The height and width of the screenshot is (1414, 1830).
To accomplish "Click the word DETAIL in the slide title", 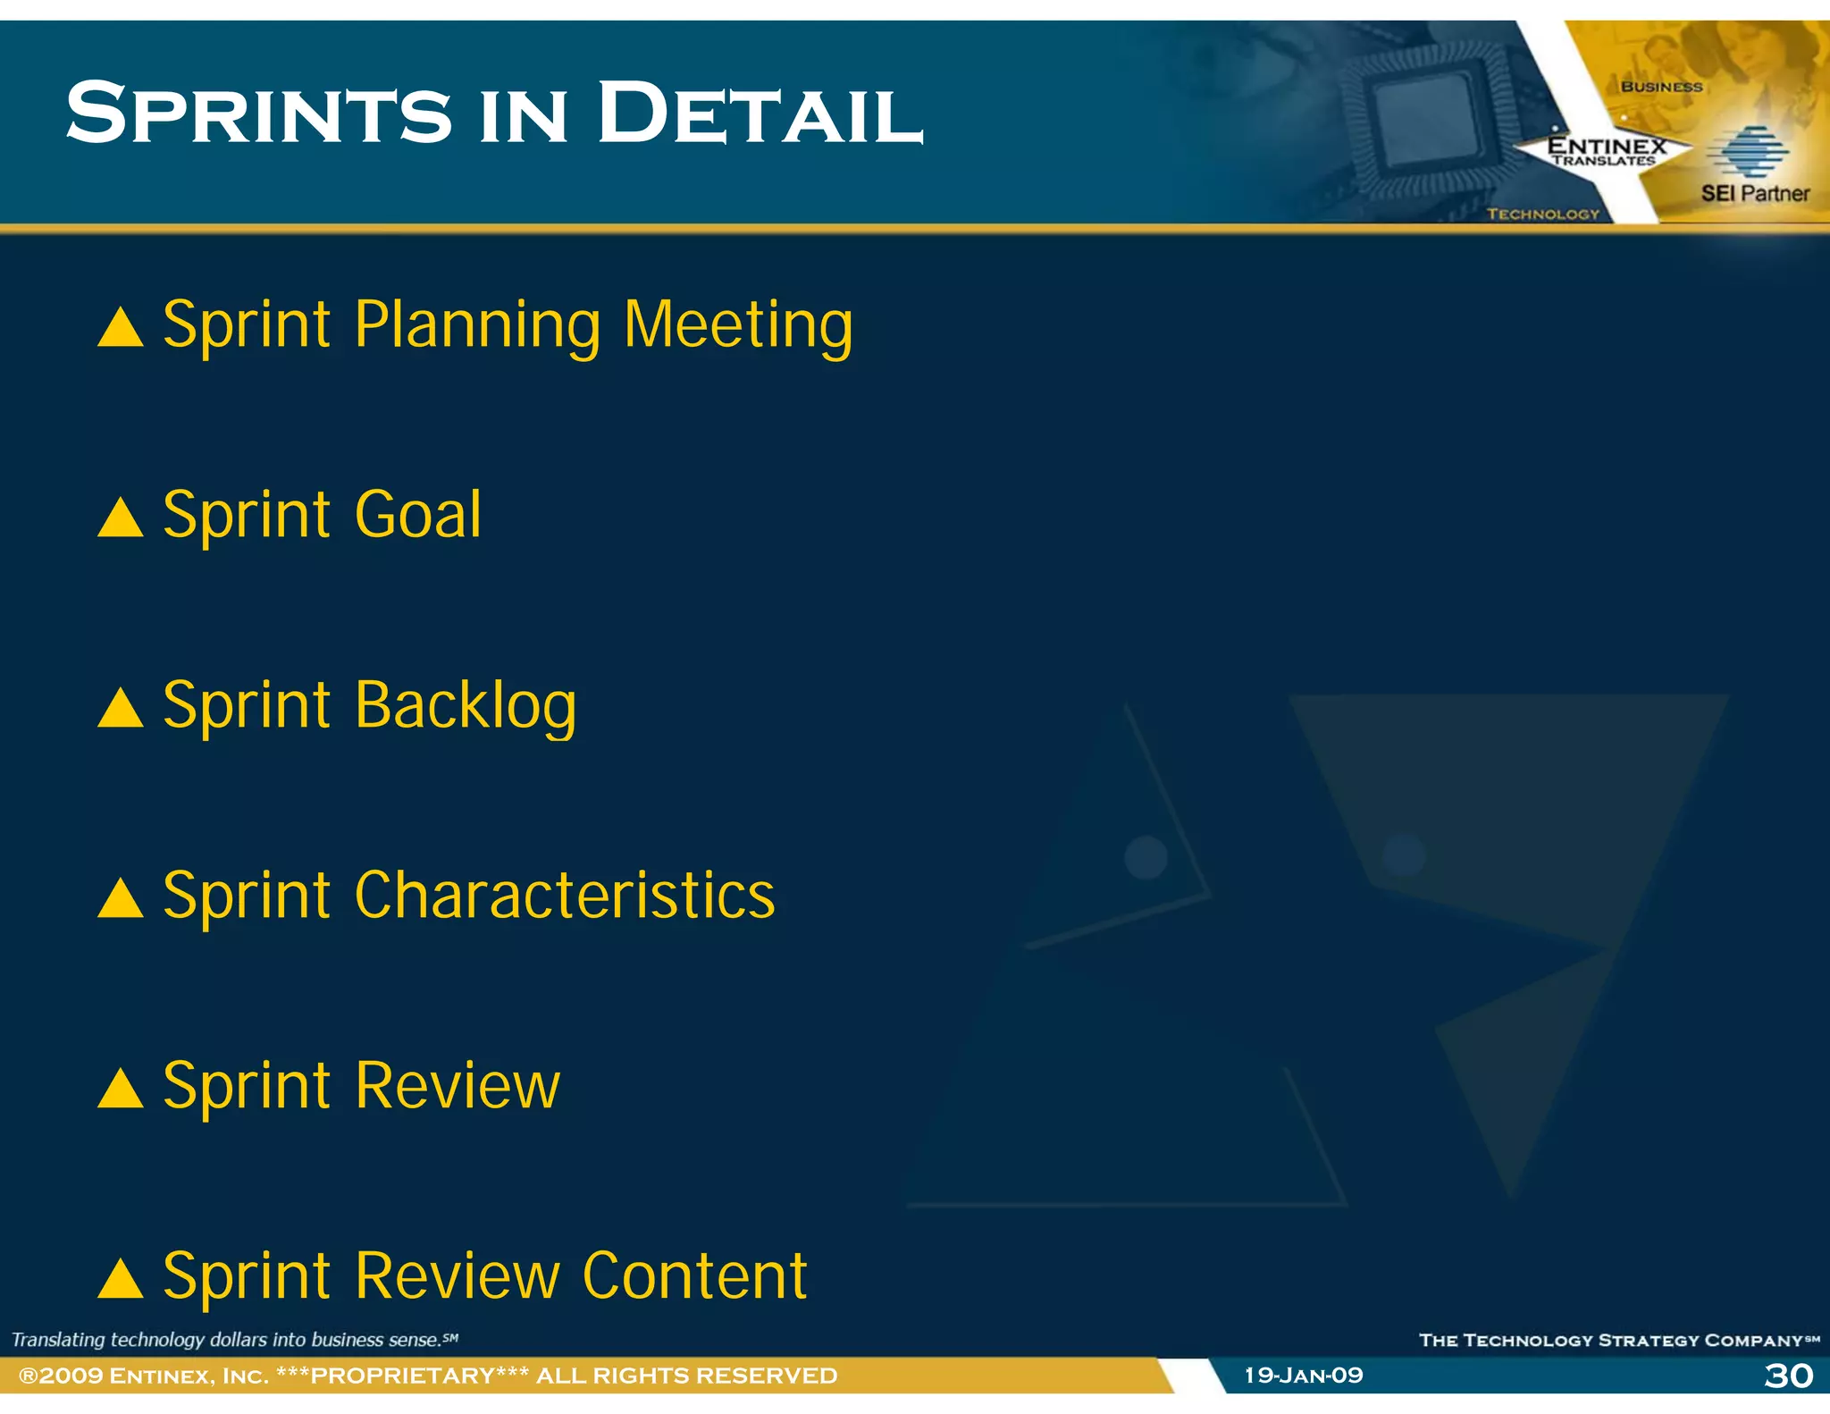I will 760,114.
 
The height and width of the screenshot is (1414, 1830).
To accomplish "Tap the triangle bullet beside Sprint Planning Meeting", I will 121,327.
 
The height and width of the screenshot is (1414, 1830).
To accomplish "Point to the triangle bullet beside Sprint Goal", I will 121,518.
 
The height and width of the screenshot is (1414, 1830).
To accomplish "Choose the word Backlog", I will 466,707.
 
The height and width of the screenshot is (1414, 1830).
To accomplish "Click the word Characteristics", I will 565,896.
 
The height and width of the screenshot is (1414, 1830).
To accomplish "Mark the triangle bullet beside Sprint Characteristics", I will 121,898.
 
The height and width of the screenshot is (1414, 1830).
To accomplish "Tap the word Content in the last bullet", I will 694,1275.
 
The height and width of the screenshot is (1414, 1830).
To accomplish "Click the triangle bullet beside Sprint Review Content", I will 121,1278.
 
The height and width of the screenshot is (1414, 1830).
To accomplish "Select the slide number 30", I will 1788,1376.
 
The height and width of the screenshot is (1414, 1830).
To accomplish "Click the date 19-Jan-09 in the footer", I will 1304,1376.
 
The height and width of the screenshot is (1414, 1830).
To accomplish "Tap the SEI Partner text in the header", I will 1755,193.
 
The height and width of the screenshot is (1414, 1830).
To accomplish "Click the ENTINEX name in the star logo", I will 1607,145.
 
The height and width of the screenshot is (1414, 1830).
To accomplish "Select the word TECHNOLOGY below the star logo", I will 1543,214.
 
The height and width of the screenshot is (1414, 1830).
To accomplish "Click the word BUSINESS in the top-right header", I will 1662,87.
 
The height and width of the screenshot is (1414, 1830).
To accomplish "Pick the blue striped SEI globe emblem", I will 1749,151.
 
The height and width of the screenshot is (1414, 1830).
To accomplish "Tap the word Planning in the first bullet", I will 478,325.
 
